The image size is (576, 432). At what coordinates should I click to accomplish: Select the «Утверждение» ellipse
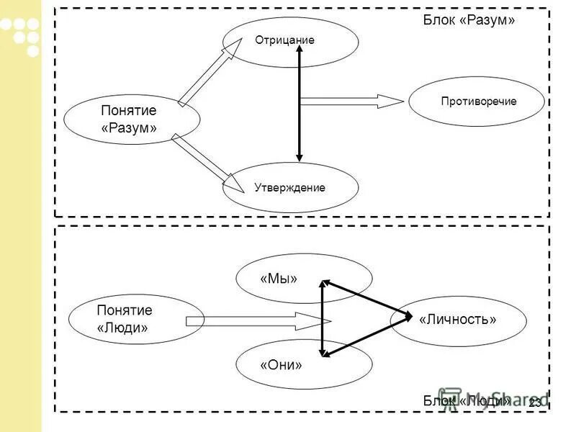pyautogui.click(x=290, y=188)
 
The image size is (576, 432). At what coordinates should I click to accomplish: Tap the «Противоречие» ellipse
pyautogui.click(x=476, y=102)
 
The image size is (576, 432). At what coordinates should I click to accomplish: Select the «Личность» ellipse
pyautogui.click(x=459, y=320)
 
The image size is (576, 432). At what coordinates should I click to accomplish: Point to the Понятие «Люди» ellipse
pyautogui.click(x=125, y=319)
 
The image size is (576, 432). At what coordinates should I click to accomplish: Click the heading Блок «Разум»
pyautogui.click(x=468, y=20)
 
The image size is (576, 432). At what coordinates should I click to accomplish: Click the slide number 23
pyautogui.click(x=534, y=402)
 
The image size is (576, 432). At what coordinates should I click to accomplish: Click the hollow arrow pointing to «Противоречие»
pyautogui.click(x=351, y=102)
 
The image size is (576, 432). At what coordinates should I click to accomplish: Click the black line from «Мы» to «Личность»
pyautogui.click(x=366, y=298)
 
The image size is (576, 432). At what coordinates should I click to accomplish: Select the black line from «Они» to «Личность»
pyautogui.click(x=366, y=337)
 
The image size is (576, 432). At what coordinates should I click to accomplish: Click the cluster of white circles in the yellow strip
pyautogui.click(x=22, y=33)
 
